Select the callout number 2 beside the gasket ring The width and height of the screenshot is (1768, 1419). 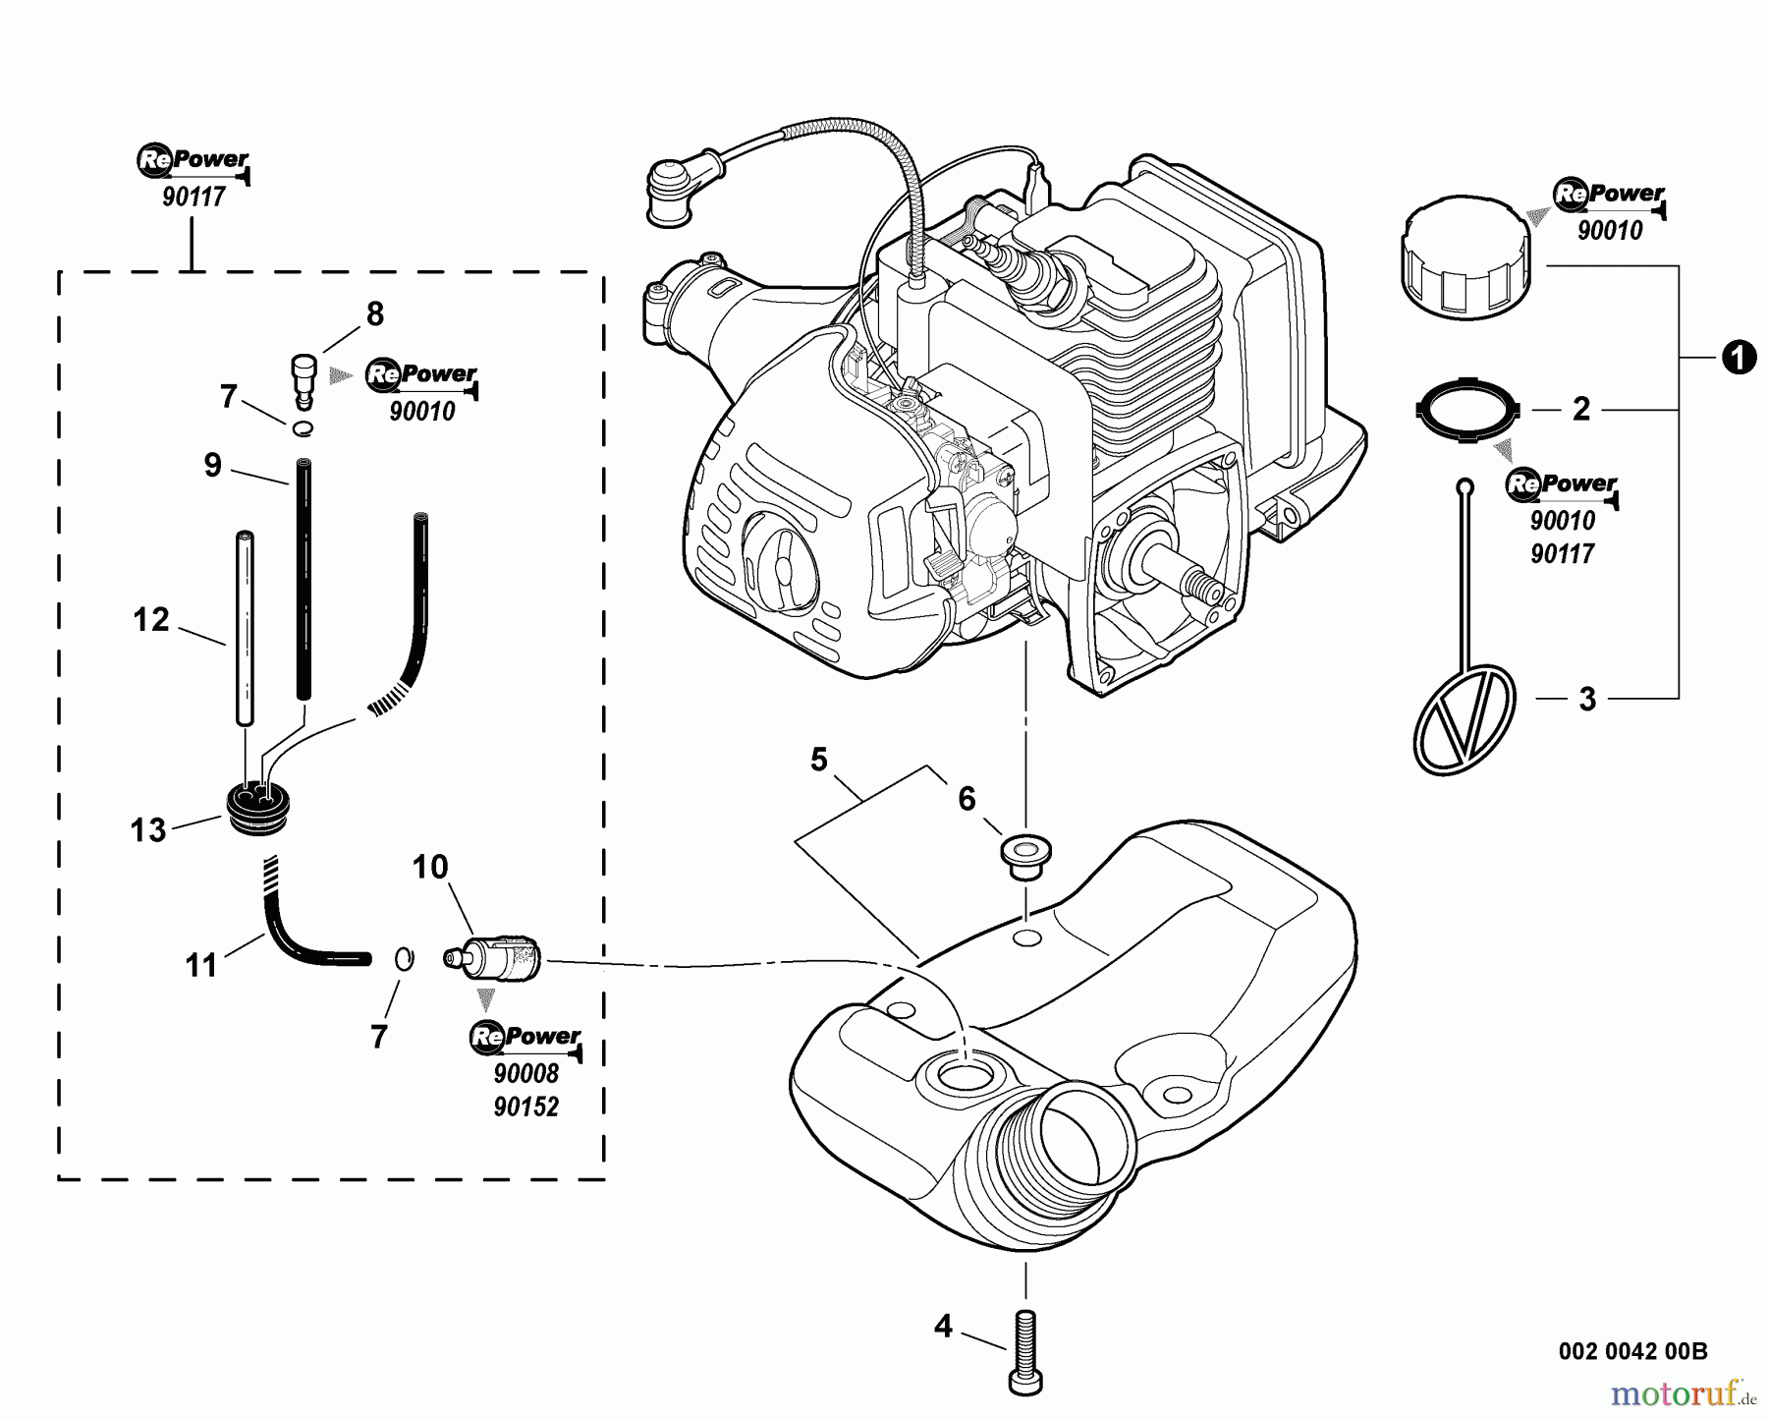[x=1580, y=409]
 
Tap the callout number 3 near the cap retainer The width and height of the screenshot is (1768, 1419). [x=1587, y=700]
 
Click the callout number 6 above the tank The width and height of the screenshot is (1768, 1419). [x=967, y=799]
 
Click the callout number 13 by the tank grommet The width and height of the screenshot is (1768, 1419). [x=148, y=830]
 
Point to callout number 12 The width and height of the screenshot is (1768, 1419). [x=151, y=619]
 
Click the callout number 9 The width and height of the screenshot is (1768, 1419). [x=213, y=464]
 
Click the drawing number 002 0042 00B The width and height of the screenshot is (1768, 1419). [x=1632, y=1351]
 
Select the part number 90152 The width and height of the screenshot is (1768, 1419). [x=526, y=1107]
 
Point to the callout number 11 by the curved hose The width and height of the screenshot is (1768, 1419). [x=201, y=965]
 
